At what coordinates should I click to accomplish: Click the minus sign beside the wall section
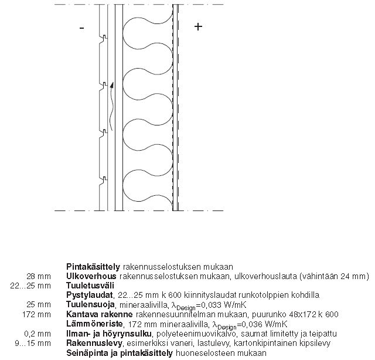click(x=81, y=28)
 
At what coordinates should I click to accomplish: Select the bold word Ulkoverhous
click(x=92, y=276)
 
